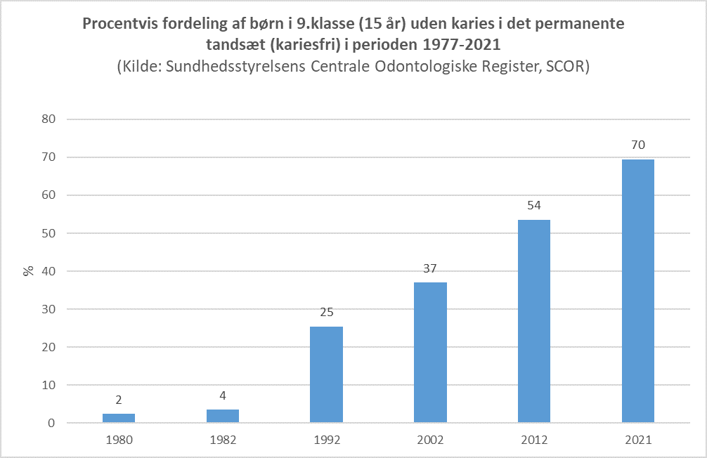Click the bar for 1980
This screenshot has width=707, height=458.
tap(119, 419)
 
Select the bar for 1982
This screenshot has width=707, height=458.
tap(223, 416)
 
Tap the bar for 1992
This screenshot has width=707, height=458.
tap(327, 374)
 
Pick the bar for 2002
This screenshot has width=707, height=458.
tap(431, 353)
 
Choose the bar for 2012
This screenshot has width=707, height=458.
tap(534, 321)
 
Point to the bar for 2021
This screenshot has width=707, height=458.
tap(638, 291)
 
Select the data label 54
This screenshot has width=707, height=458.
tap(534, 206)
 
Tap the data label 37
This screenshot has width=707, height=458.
tap(431, 269)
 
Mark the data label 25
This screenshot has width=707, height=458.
tap(327, 313)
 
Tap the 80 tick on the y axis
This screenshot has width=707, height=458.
tap(48, 119)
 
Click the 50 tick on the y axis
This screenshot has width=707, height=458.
tap(48, 233)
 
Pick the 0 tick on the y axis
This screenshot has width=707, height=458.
tap(51, 423)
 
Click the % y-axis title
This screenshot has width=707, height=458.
tap(29, 270)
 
